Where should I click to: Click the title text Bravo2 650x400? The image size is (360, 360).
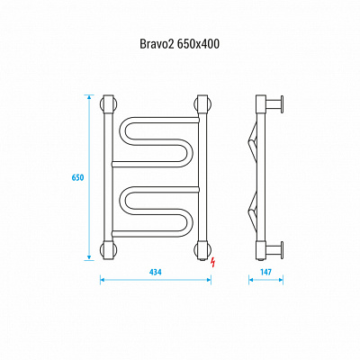point(179,44)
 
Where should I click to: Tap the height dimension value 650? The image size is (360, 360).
point(77,177)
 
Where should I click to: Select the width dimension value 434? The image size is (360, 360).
point(156,272)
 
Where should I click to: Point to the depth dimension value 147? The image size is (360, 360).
point(265,272)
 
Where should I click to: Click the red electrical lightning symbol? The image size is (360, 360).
point(213,263)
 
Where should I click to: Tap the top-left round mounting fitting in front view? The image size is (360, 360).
point(108,103)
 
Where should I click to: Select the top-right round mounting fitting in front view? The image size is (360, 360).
point(203,103)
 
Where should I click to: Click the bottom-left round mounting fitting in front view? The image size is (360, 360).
point(108,250)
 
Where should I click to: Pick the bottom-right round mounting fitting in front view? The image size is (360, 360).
point(203,250)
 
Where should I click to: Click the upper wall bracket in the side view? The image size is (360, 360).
point(274,103)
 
